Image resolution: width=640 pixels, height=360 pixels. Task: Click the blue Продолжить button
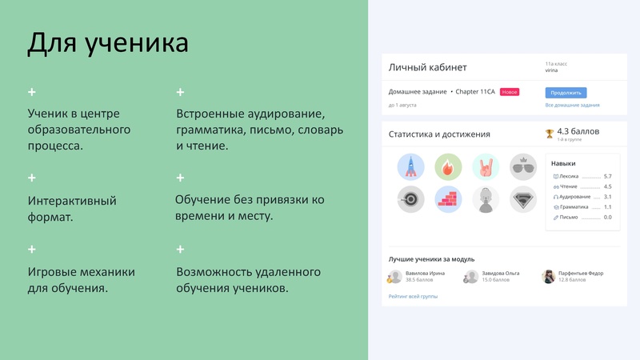pos(566,93)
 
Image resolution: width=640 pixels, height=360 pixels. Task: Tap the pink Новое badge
pos(510,92)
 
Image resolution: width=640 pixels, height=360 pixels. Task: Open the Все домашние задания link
pos(572,105)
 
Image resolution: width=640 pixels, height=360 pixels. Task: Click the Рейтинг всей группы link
pos(413,296)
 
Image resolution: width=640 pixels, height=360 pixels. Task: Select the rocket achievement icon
pos(410,166)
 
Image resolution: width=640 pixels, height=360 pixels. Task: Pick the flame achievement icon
pos(448,166)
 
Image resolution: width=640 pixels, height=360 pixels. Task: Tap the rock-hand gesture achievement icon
pos(486,166)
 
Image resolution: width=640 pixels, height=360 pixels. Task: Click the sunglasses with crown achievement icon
pos(523,166)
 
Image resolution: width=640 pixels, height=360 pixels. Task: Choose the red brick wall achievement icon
pos(448,199)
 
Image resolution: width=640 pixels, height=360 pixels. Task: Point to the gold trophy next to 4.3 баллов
pos(549,133)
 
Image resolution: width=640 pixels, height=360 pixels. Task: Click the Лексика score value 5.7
pos(607,176)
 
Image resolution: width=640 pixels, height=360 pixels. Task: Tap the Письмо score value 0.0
pos(607,217)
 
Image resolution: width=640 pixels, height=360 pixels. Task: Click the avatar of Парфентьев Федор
pos(549,276)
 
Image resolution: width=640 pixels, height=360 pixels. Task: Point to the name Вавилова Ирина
pos(425,273)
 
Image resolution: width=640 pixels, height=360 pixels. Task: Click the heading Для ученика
pos(108,42)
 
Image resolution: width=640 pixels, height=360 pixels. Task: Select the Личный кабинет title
pos(427,67)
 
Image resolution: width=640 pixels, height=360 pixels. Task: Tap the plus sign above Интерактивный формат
pos(32,178)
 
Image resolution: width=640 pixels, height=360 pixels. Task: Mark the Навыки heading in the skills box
pos(563,163)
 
